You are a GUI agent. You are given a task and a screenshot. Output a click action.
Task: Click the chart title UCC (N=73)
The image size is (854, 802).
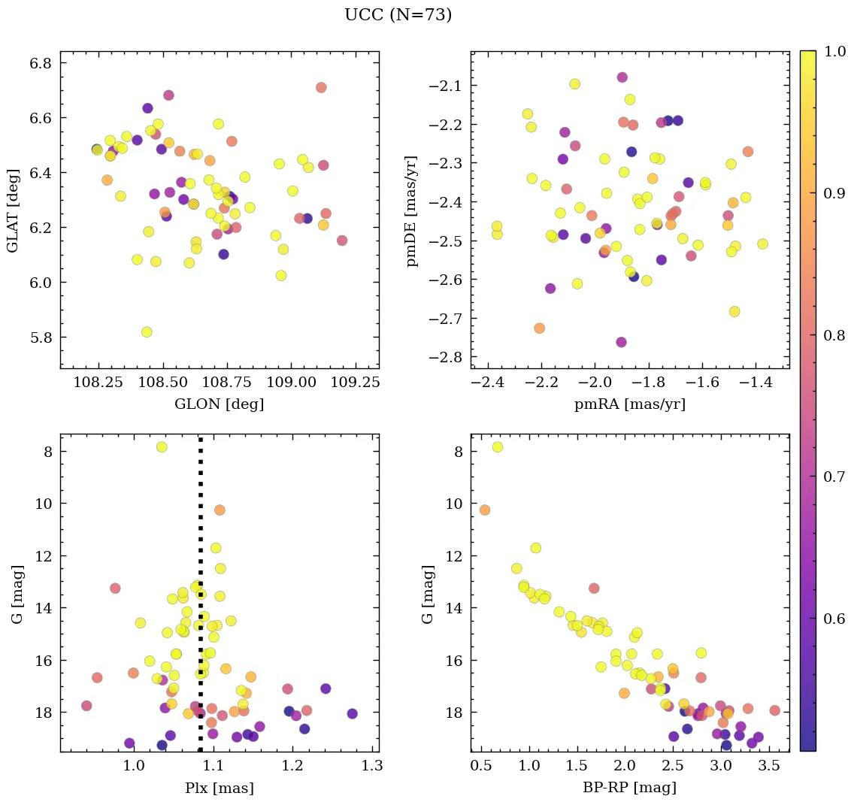[398, 15]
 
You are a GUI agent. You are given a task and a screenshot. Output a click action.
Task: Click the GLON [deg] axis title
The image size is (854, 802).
[219, 404]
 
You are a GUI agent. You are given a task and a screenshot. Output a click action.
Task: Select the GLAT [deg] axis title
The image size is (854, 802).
[13, 210]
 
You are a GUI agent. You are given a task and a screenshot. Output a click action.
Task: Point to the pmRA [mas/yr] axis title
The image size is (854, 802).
[630, 404]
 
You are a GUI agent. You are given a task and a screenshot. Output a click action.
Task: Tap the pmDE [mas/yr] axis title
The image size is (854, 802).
[412, 210]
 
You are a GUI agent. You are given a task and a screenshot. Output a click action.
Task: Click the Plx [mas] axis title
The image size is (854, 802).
[219, 788]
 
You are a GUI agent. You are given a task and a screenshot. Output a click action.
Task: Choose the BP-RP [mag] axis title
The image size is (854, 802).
[630, 788]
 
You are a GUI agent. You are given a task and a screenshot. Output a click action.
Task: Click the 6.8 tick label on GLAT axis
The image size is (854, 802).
[41, 63]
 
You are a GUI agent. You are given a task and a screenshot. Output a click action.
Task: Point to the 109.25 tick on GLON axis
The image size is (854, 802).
[351, 383]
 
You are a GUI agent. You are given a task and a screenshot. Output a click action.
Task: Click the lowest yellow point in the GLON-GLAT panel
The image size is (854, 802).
[147, 331]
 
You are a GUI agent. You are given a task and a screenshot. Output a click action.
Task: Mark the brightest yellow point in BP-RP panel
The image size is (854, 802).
[497, 447]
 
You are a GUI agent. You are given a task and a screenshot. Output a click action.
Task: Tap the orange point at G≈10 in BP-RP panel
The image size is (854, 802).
[485, 510]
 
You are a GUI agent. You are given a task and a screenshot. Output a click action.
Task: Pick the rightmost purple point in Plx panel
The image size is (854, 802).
[352, 713]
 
